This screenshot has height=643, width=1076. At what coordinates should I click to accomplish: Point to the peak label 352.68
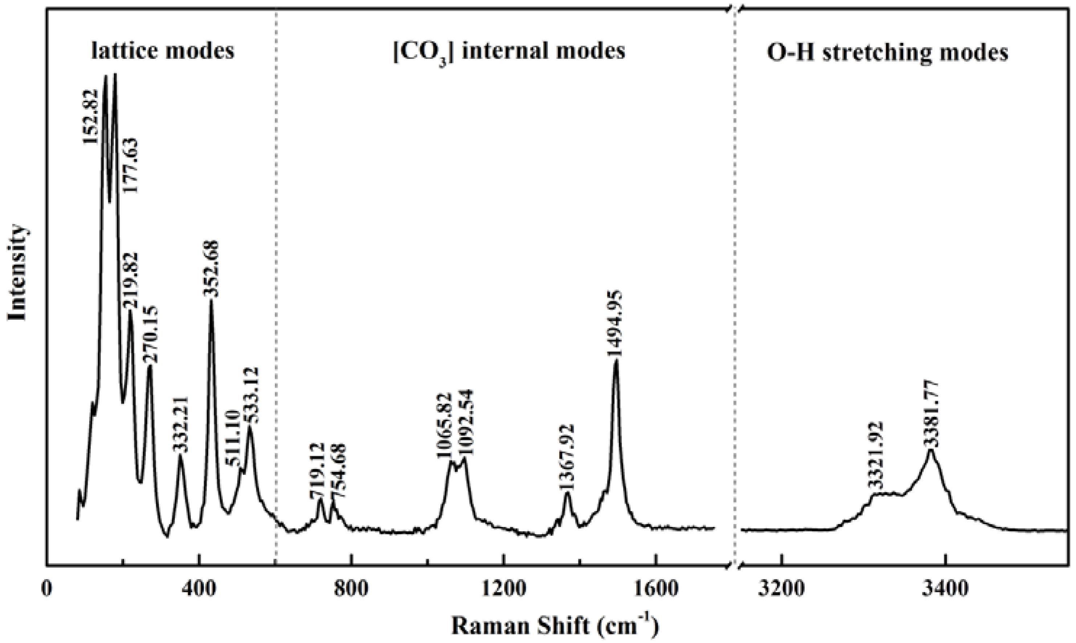[x=212, y=269]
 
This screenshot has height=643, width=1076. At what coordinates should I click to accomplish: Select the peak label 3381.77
[x=931, y=413]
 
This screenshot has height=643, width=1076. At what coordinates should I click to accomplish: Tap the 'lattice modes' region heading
[x=163, y=51]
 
